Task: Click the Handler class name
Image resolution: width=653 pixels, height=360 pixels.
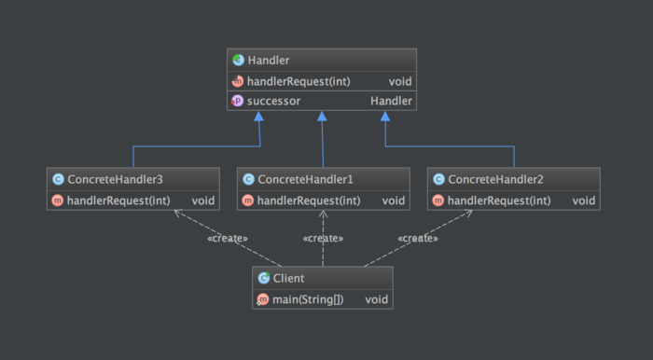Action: click(269, 61)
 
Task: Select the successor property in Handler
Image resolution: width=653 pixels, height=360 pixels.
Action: click(273, 101)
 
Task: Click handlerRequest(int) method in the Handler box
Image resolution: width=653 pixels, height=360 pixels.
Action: click(299, 81)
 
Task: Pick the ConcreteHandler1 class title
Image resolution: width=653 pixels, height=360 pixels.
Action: click(305, 179)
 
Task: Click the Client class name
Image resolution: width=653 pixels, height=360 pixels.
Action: click(289, 278)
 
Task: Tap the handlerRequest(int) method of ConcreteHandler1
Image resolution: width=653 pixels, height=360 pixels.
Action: click(308, 201)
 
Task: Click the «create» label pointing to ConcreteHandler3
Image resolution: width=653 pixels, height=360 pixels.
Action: click(227, 239)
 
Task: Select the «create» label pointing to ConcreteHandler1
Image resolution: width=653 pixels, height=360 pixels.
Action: click(323, 239)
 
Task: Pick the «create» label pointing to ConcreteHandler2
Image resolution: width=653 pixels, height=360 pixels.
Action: click(418, 239)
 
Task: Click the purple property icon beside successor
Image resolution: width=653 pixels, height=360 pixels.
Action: click(238, 101)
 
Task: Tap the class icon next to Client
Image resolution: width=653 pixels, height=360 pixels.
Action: click(263, 278)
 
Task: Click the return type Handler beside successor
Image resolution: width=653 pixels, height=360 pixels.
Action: click(391, 101)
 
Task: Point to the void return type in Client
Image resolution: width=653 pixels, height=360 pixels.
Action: click(376, 299)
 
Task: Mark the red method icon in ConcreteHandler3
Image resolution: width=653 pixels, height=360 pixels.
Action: click(57, 201)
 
